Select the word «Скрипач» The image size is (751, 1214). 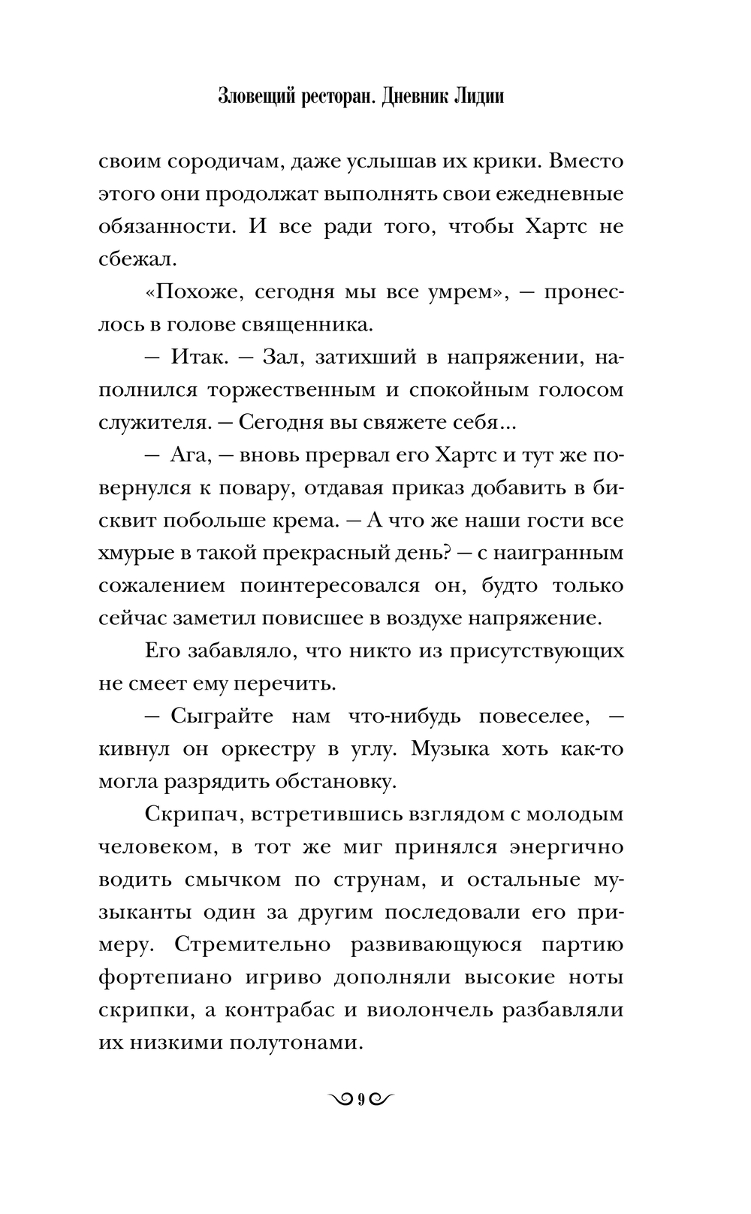190,814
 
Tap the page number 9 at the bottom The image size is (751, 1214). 361,1100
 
